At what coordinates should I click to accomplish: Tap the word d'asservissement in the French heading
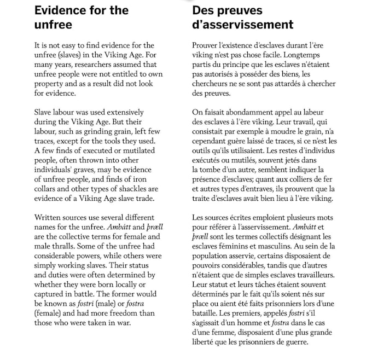[242, 25]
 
